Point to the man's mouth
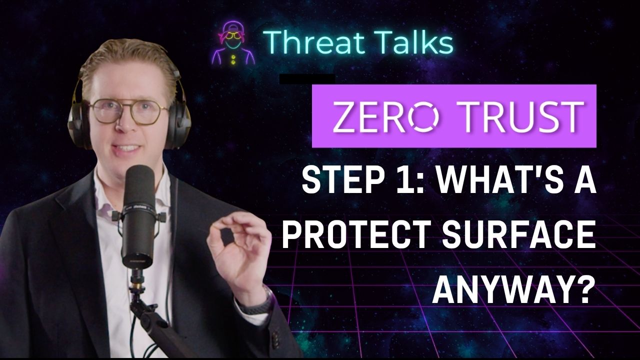tap(127, 149)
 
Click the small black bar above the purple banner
tap(306, 78)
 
